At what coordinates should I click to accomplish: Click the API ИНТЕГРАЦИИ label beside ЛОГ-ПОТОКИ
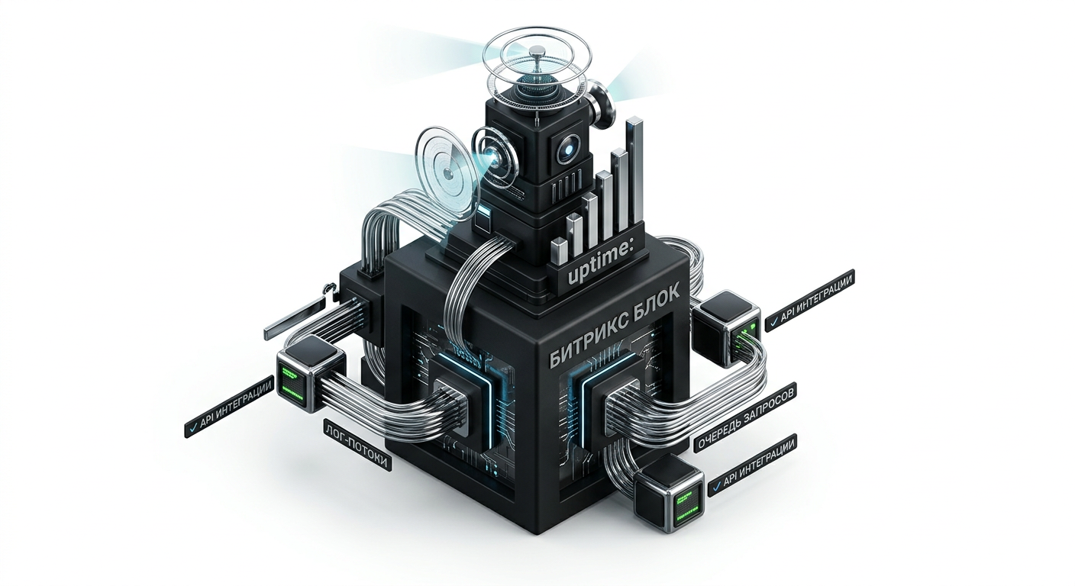coord(229,407)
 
